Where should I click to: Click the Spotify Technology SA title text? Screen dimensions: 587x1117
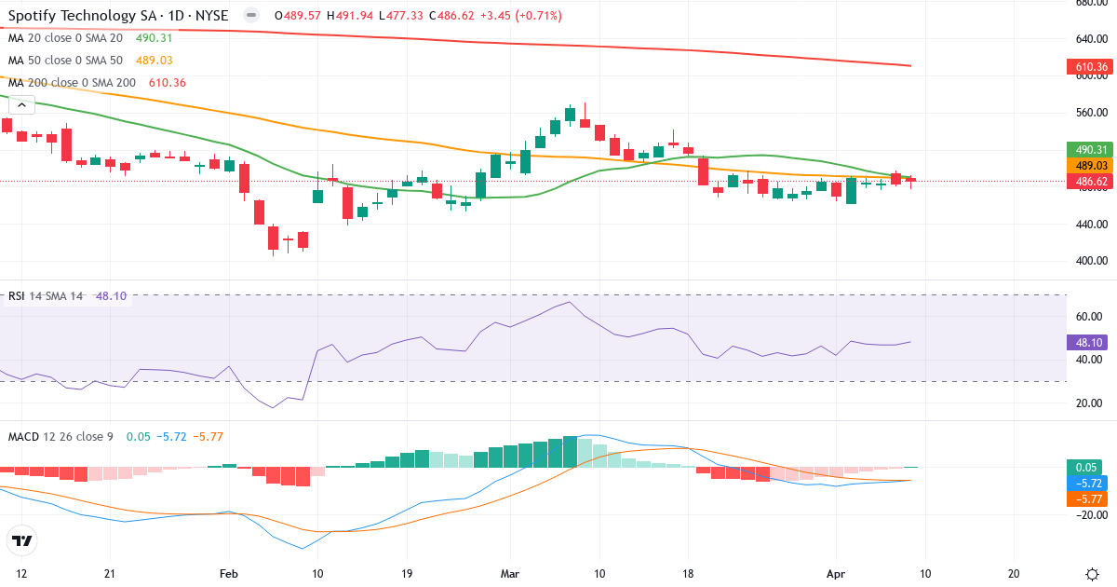[85, 16]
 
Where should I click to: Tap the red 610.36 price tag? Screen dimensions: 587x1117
[1086, 67]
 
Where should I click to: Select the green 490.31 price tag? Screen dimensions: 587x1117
[1086, 149]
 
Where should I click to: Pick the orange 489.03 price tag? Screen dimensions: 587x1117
[1086, 165]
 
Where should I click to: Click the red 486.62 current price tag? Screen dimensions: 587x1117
[1086, 181]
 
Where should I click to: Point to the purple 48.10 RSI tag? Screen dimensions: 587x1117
[1086, 342]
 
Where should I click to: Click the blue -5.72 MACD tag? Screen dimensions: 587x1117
[1086, 484]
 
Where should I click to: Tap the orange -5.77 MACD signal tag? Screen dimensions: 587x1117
[1086, 499]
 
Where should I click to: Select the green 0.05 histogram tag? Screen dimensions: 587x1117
[1086, 468]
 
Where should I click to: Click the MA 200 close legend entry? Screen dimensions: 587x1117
[73, 83]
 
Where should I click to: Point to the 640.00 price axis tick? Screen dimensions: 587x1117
[1090, 39]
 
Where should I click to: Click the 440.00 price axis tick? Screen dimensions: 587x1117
[1090, 225]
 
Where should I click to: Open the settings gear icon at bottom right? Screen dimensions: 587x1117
[1094, 574]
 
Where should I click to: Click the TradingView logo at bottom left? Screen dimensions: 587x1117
[21, 540]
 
